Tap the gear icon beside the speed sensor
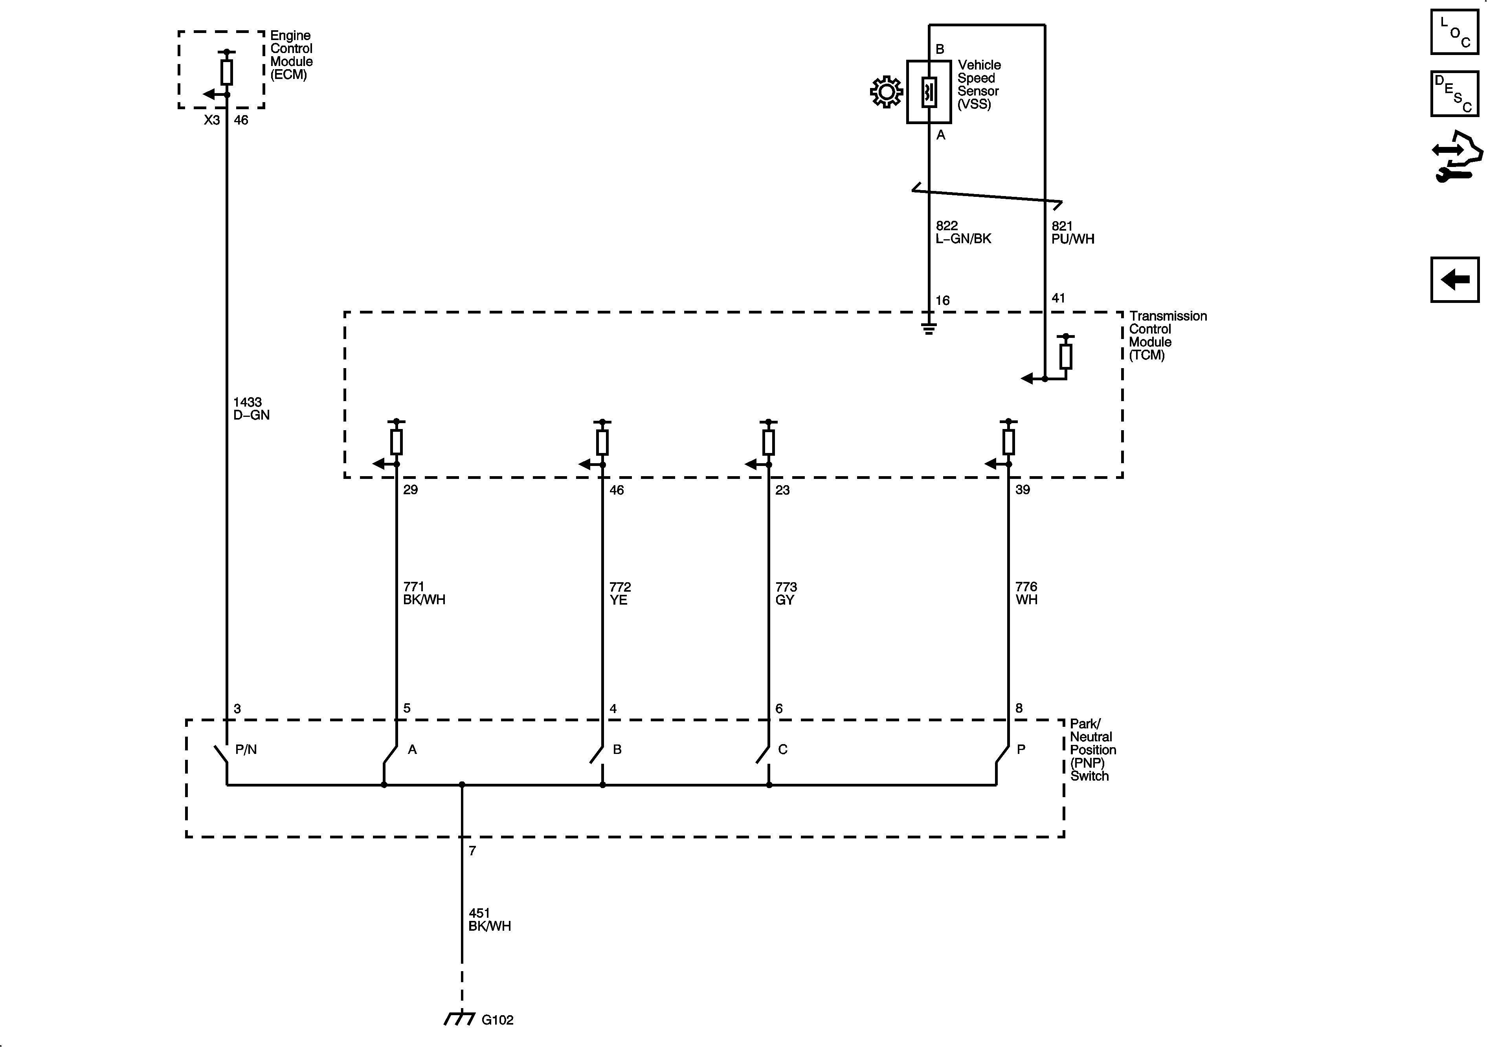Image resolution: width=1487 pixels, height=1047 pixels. pos(886,92)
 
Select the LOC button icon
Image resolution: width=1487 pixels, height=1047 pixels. pos(1454,32)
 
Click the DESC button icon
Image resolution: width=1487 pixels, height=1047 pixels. pos(1454,94)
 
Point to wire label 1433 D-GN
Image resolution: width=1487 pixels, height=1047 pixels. pos(251,409)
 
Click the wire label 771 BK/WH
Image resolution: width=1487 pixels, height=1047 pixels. pos(424,593)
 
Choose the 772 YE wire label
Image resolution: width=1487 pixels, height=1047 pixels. pos(620,593)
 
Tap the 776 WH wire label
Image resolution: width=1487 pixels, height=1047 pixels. pos(1026,593)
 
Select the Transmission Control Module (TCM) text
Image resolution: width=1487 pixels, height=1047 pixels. pos(1167,336)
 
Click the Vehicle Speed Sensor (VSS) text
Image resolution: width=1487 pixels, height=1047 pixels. pos(978,84)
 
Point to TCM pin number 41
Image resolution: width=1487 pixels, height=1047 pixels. pos(1058,298)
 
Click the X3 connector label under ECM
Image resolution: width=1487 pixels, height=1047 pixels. pos(212,120)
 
